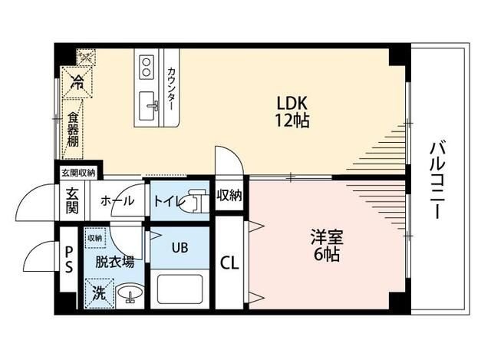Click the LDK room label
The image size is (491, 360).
tap(293, 103)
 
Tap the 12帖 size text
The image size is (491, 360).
tap(293, 121)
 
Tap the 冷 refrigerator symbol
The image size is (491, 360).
tap(77, 80)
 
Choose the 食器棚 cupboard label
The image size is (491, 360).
tap(72, 130)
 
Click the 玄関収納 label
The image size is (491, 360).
tap(77, 173)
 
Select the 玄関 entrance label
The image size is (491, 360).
tap(71, 201)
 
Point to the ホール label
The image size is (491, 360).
tap(117, 201)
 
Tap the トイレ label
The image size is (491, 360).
tap(168, 201)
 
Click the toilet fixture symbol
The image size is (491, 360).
tap(197, 200)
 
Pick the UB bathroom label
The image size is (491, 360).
tap(180, 247)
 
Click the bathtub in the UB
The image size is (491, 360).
tap(180, 290)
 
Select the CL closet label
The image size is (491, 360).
tap(229, 263)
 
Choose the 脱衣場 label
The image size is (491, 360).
tap(115, 261)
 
